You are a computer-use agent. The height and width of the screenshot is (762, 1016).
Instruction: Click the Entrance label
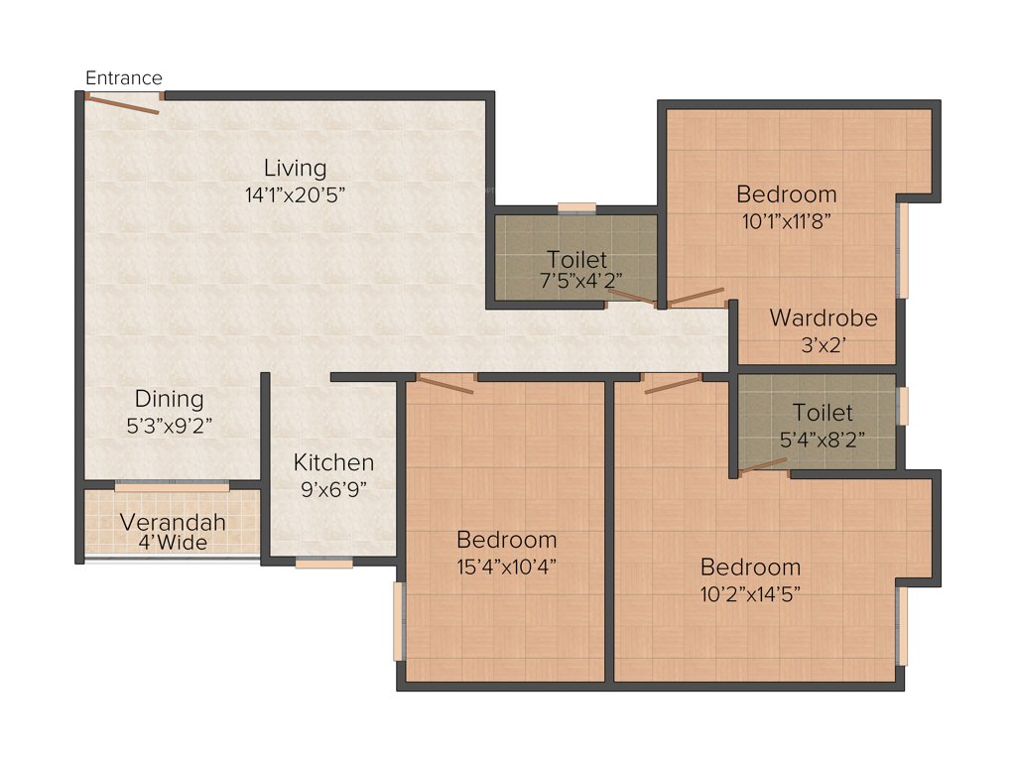[x=124, y=78]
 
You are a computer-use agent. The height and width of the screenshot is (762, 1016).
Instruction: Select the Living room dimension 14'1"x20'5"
[x=295, y=194]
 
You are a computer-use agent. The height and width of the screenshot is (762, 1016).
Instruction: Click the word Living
[x=295, y=167]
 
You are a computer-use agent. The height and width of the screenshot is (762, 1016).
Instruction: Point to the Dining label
[x=169, y=399]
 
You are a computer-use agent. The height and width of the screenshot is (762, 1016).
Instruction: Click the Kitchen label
[x=333, y=462]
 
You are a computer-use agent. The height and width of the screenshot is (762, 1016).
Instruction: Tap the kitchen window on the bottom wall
[x=323, y=564]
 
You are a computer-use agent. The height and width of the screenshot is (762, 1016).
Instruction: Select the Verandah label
[x=173, y=522]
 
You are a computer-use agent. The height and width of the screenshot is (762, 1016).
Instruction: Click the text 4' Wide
[x=173, y=543]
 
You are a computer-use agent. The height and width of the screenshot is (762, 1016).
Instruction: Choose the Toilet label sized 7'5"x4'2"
[x=576, y=260]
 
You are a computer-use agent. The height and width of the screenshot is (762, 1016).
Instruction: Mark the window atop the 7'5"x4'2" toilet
[x=576, y=207]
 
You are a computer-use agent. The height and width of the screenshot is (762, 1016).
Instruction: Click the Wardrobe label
[x=824, y=318]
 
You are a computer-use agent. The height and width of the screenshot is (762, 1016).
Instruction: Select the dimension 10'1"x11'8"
[x=786, y=221]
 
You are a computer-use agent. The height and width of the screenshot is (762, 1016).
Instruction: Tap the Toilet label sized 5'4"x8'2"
[x=822, y=412]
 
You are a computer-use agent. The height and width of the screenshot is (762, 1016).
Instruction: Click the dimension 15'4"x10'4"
[x=506, y=568]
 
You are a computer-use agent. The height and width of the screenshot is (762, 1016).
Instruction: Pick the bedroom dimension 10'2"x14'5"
[x=750, y=594]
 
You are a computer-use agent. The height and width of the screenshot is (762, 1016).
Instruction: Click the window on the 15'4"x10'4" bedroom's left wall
[x=399, y=621]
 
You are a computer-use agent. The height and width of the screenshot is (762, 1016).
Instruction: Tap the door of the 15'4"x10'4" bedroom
[x=444, y=384]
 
